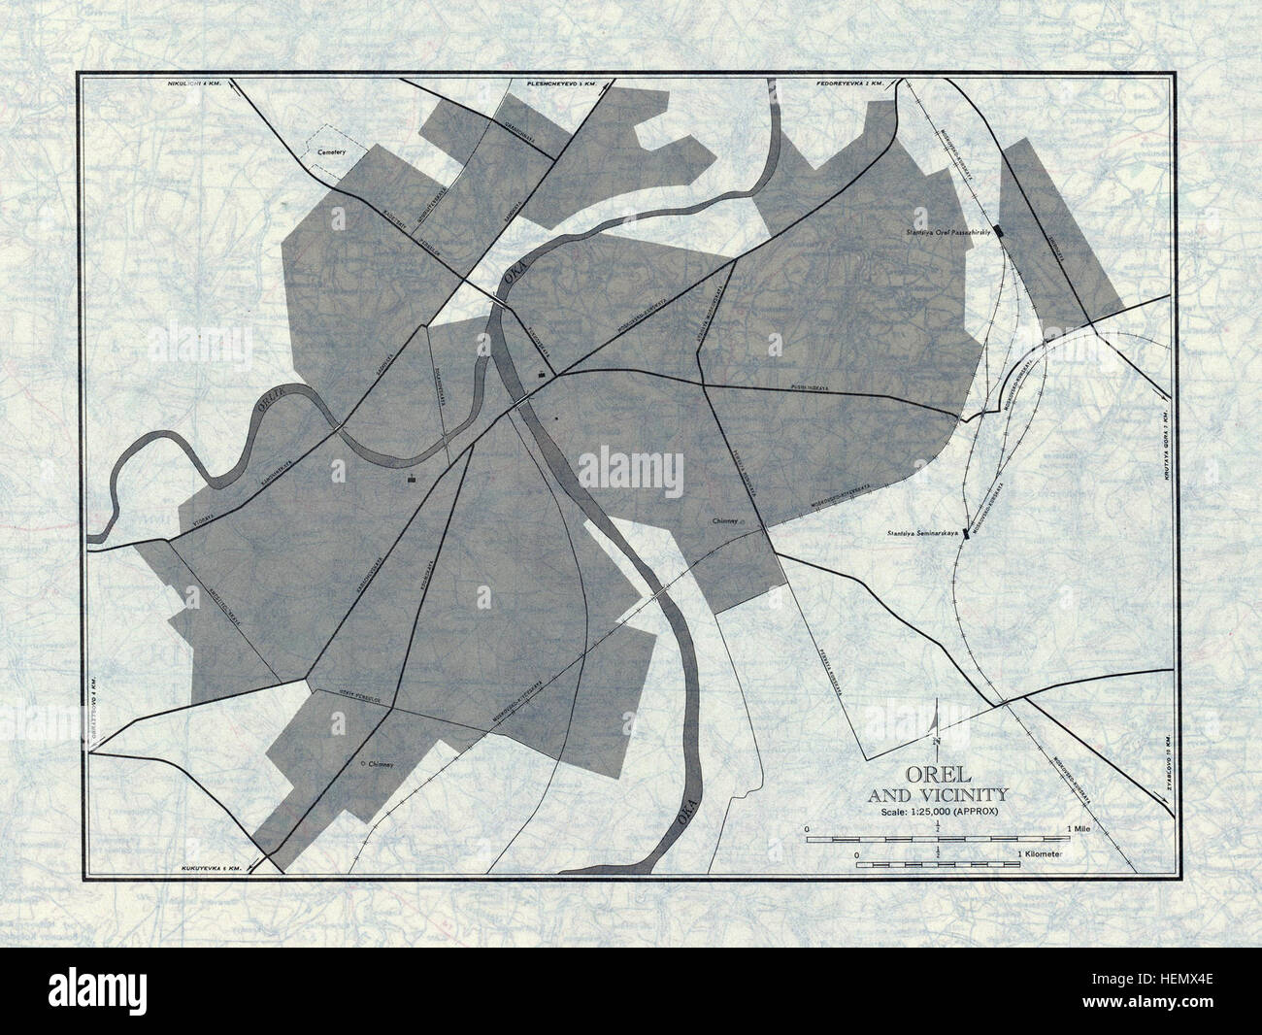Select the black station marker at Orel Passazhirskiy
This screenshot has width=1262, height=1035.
[x=999, y=229]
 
